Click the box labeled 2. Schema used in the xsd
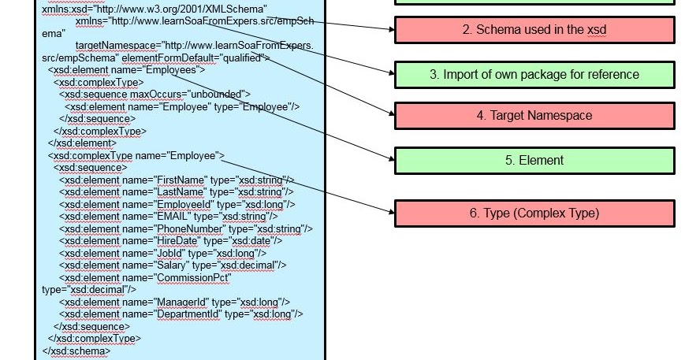(x=534, y=30)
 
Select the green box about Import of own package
(x=534, y=74)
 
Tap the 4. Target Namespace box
(x=534, y=116)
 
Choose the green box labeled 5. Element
(x=534, y=160)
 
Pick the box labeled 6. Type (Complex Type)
(x=534, y=213)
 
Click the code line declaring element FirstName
(x=177, y=180)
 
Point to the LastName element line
(x=177, y=191)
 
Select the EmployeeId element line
(x=177, y=204)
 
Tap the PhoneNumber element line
(x=186, y=228)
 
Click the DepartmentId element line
(x=181, y=314)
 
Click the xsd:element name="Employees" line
(x=126, y=70)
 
